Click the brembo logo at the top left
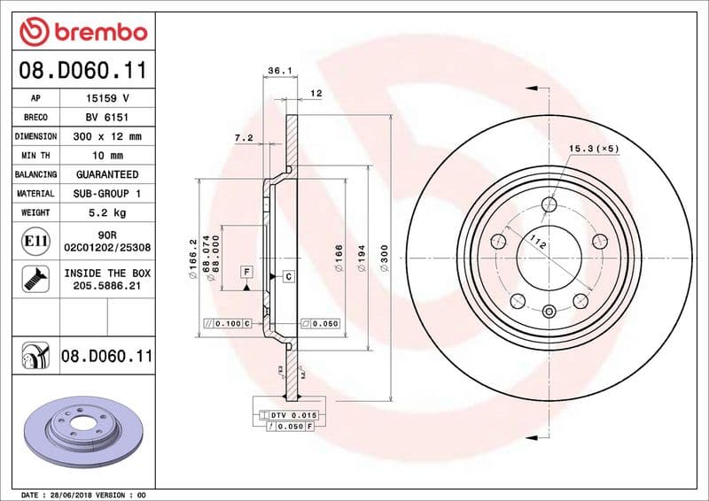[x=82, y=32]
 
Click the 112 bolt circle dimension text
[x=537, y=243]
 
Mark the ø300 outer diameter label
[x=385, y=258]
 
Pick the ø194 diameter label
[x=362, y=258]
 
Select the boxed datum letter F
[x=246, y=271]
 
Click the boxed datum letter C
[x=288, y=278]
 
